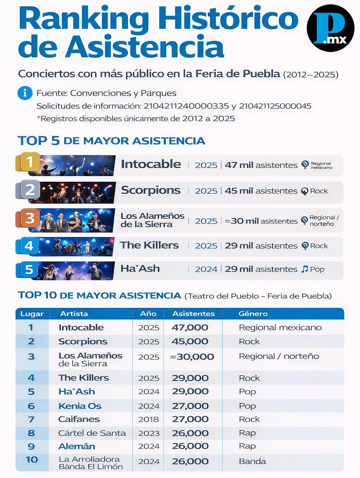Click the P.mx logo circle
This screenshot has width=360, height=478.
pyautogui.click(x=330, y=28)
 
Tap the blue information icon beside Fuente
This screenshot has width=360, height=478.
pyautogui.click(x=25, y=93)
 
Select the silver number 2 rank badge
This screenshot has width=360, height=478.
pyautogui.click(x=29, y=190)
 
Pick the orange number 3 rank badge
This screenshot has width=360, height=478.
pyautogui.click(x=30, y=218)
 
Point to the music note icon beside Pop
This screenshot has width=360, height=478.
pyautogui.click(x=304, y=269)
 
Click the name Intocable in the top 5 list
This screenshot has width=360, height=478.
pyautogui.click(x=151, y=164)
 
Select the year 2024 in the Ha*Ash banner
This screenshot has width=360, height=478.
pyautogui.click(x=206, y=269)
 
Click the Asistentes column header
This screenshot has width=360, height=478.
pyautogui.click(x=193, y=314)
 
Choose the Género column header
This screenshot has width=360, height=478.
pyautogui.click(x=253, y=314)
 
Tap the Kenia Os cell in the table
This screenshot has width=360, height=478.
pyautogui.click(x=80, y=406)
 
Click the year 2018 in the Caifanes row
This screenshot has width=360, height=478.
pyautogui.click(x=148, y=419)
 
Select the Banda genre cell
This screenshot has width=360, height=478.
pyautogui.click(x=252, y=461)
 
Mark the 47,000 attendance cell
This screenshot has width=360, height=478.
pyautogui.click(x=190, y=328)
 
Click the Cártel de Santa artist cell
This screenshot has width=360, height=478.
pyautogui.click(x=92, y=433)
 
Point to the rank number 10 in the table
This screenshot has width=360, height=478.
pyautogui.click(x=32, y=460)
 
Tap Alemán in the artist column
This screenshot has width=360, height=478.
pyautogui.click(x=77, y=446)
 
